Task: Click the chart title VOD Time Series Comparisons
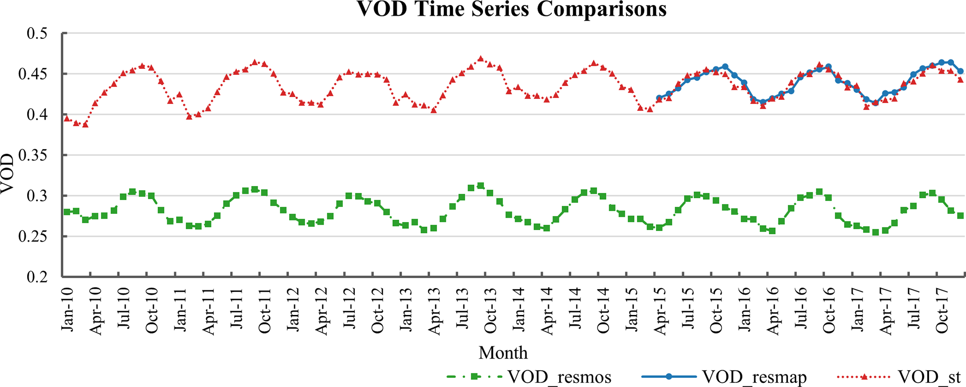[512, 9]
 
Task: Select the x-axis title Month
[503, 352]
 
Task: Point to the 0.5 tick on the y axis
[37, 34]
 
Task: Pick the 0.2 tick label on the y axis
[37, 277]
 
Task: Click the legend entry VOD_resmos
[559, 377]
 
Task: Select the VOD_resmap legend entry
[754, 377]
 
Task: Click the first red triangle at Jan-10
[67, 118]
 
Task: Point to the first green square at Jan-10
[67, 212]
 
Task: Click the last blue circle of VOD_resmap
[960, 72]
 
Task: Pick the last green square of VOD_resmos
[960, 216]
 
